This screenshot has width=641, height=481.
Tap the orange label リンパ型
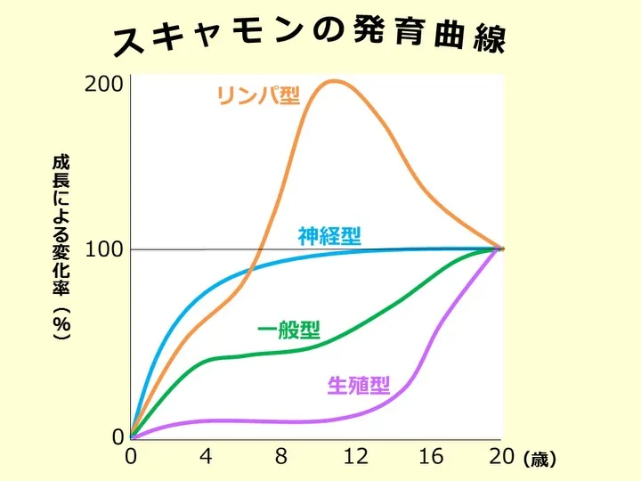[x=259, y=94]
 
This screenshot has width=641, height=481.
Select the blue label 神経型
[x=329, y=236]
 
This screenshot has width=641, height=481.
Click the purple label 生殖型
[x=359, y=386]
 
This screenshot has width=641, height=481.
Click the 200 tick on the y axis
[x=105, y=85]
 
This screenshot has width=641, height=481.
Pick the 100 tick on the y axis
[x=105, y=249]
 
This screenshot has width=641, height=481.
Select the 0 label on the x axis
[x=131, y=457]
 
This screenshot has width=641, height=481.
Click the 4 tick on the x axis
[x=206, y=457]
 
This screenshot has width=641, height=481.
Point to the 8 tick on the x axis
[x=281, y=457]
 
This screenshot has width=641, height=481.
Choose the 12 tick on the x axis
[x=355, y=457]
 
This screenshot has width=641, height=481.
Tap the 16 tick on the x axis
[x=430, y=457]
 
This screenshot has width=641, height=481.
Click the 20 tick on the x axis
[x=501, y=457]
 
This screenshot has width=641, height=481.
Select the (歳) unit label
[x=540, y=460]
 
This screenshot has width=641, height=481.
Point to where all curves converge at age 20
[x=500, y=249]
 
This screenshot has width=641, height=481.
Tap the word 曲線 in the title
[x=476, y=38]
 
